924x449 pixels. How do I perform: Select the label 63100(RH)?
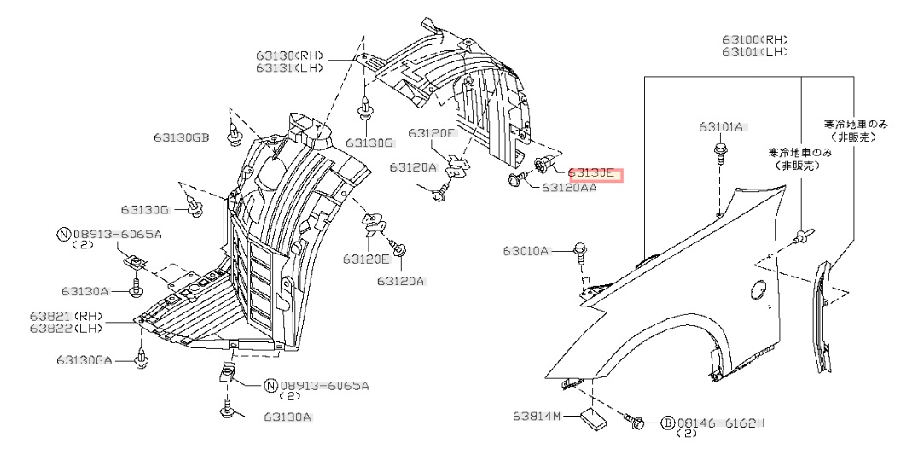[x=754, y=39]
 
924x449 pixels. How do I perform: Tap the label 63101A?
[x=722, y=127]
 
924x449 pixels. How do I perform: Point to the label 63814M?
[x=537, y=417]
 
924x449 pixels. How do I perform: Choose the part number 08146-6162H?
[x=721, y=423]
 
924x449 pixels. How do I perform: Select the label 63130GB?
[x=182, y=137]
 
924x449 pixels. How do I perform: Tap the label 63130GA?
[x=85, y=361]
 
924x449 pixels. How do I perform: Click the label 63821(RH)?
[x=65, y=316]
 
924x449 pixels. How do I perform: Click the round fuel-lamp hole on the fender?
[x=756, y=290]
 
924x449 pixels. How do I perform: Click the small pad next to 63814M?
[x=592, y=418]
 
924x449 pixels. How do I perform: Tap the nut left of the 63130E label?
[x=543, y=164]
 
